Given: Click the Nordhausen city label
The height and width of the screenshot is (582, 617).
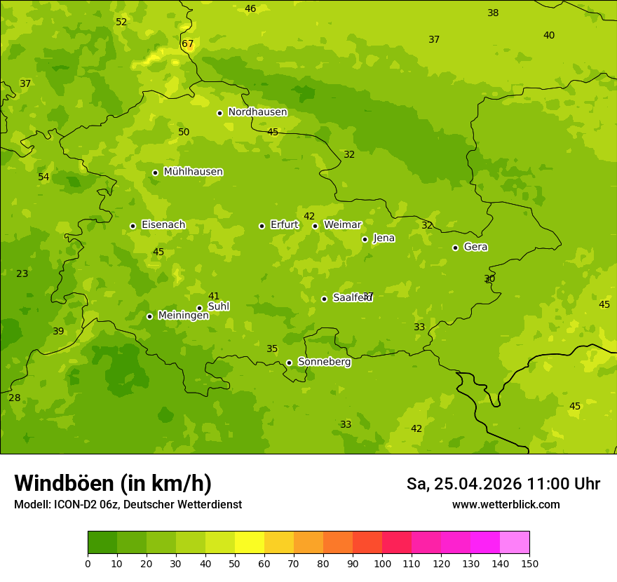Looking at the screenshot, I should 257,112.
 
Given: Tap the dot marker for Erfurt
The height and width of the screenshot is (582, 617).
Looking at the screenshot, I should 262,226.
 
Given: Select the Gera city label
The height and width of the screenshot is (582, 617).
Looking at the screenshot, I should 475,247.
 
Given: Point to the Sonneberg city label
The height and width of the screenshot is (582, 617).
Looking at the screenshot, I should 324,362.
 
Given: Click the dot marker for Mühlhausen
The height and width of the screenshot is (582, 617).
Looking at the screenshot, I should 155,172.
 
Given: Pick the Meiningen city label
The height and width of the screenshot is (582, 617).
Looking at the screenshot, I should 183,316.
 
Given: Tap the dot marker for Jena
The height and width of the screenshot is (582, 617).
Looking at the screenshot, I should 365,239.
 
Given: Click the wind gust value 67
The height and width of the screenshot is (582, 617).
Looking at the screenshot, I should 187,43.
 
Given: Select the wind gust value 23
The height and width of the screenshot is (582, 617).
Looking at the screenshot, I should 22,273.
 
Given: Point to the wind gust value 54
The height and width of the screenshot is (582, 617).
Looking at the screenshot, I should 43,177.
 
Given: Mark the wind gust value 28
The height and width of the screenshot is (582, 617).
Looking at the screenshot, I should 15,398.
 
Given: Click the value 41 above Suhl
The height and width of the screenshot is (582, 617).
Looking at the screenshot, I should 214,296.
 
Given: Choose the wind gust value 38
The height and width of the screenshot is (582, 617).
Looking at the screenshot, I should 493,13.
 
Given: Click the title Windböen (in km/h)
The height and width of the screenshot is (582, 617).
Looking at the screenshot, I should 113,483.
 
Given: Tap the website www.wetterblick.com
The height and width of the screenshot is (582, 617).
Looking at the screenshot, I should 506,505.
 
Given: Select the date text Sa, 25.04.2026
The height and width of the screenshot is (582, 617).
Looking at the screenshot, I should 463,484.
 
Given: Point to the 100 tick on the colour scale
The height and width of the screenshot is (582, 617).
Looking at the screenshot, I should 382,563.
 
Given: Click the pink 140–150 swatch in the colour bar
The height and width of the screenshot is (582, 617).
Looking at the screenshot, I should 515,543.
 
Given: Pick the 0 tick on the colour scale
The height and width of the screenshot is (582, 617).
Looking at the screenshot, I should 88,563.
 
